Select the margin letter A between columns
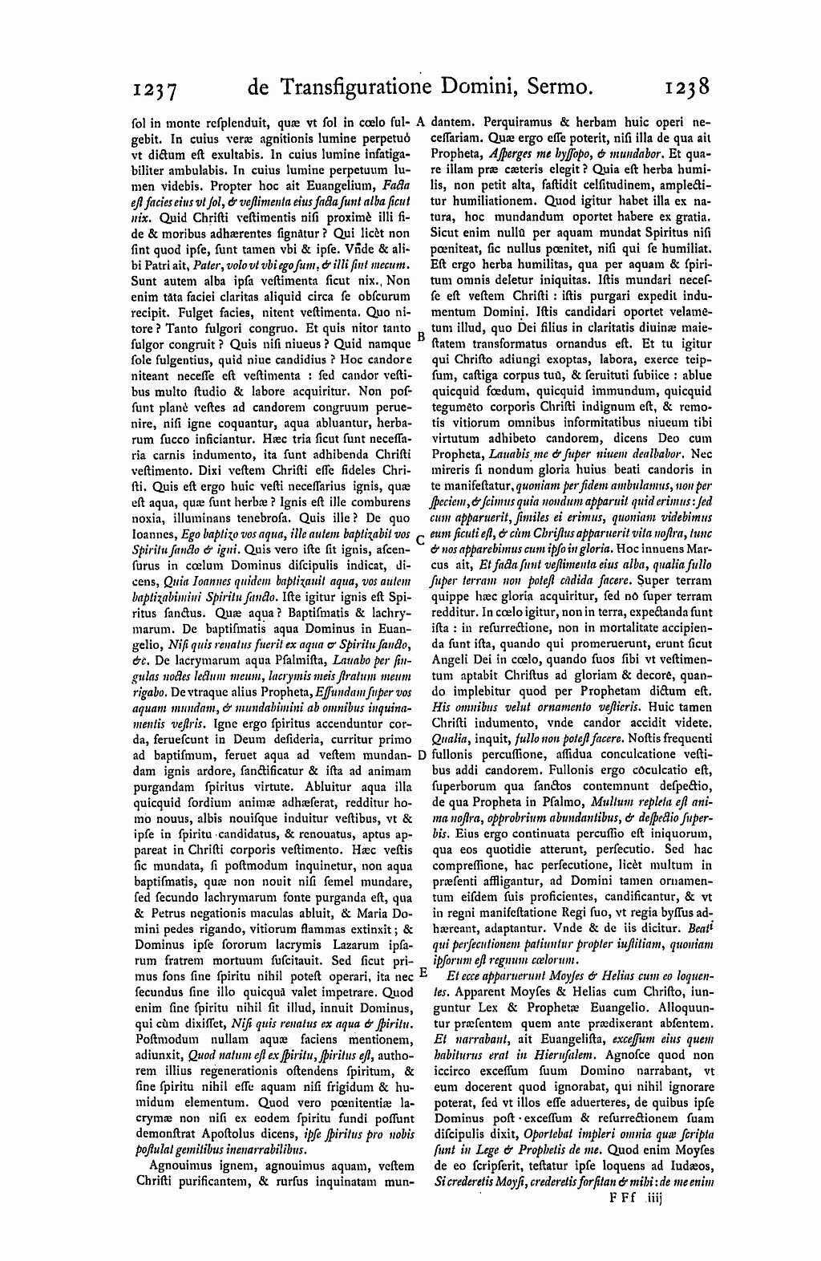point(422,124)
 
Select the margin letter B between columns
point(422,337)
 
